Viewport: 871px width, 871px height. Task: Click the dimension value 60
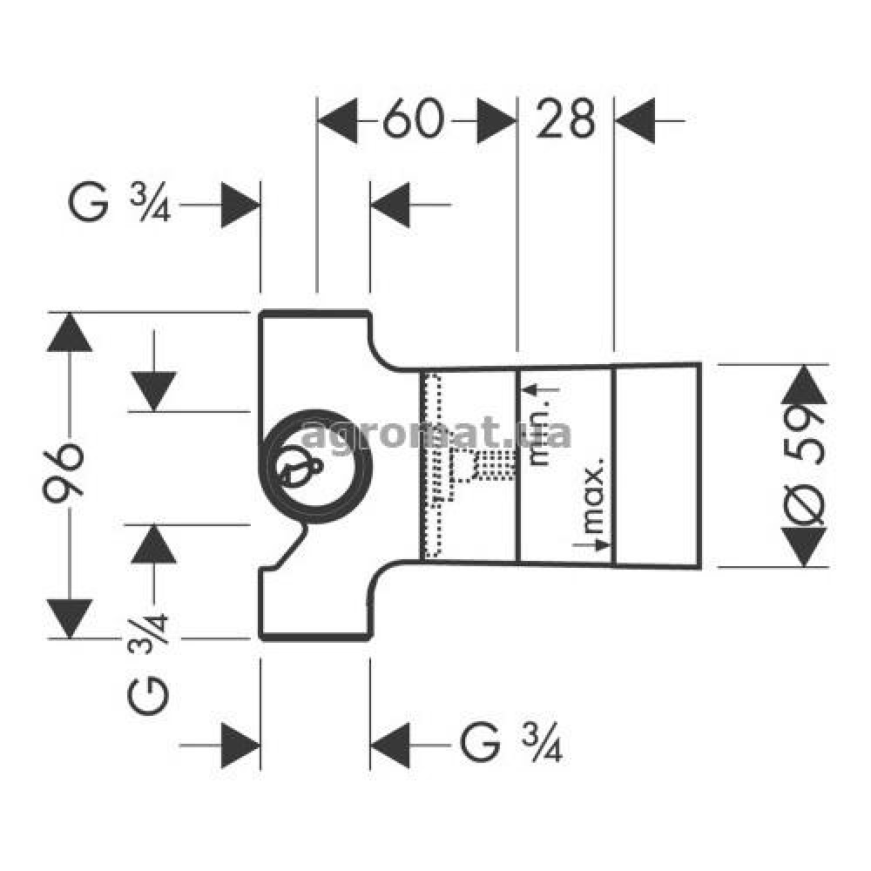[x=413, y=118]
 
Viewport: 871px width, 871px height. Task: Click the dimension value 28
[x=565, y=118]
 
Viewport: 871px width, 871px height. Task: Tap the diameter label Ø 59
[x=804, y=465]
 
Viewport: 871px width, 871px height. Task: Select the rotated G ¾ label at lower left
[x=148, y=663]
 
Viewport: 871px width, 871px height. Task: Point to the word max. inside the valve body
[x=592, y=496]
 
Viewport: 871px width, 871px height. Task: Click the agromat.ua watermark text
[x=436, y=434]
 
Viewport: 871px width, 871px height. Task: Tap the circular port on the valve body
[x=316, y=467]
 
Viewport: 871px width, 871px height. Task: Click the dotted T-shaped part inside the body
[x=467, y=465]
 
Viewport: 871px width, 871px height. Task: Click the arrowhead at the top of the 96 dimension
[x=70, y=332]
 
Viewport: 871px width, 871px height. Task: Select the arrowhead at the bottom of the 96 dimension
[x=70, y=618]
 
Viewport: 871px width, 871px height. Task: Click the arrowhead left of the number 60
[x=337, y=120]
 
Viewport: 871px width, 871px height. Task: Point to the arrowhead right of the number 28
[x=635, y=120]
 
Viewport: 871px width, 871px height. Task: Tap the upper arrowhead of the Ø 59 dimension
[x=804, y=384]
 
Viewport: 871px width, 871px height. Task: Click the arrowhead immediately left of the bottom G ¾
[x=390, y=745]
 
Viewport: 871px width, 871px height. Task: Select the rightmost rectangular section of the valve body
[x=657, y=465]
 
